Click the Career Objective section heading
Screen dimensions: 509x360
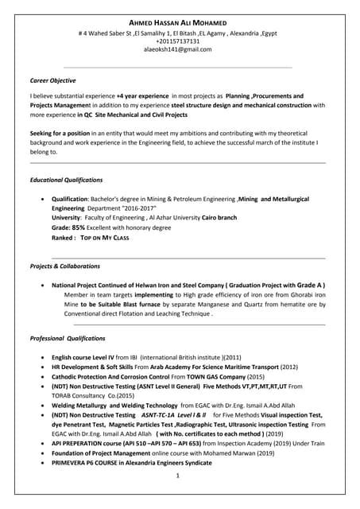pos(53,80)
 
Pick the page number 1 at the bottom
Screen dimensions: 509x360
pos(179,476)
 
